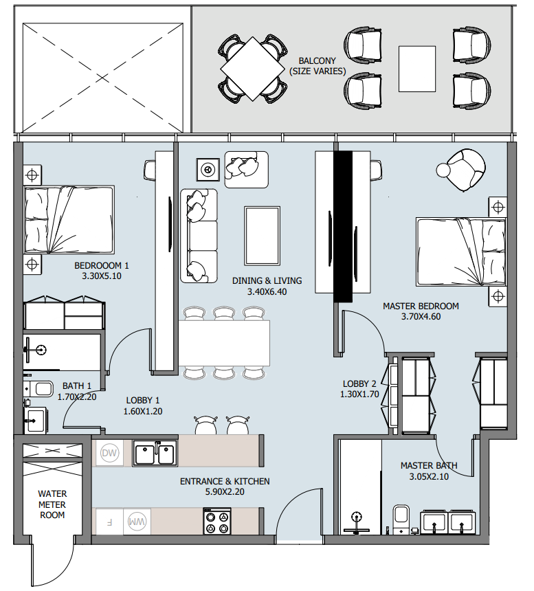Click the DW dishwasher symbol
pos(109,453)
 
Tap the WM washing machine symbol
pos(137,522)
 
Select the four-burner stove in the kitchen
pos(217,522)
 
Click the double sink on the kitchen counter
pos(155,454)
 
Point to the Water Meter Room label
pos(52,504)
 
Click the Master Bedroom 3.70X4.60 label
pos(421,311)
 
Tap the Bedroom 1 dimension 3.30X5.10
pos(102,276)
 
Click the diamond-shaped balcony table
pos(252,69)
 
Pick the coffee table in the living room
pos(263,236)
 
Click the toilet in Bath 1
pos(38,389)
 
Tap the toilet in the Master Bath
pos(401,519)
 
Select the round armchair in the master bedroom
pos(462,170)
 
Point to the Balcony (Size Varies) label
pos(318,66)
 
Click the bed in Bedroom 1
pos(69,219)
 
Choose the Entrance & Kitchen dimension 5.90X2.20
pos(225,492)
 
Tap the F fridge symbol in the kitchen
pos(109,522)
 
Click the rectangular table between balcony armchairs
pos(417,69)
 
